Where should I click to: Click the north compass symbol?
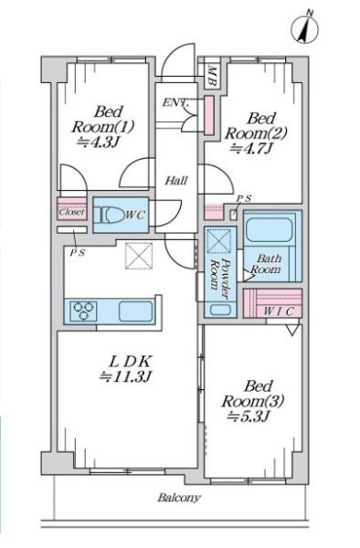click(305, 28)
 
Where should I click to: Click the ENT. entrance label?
click(175, 103)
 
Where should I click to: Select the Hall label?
click(176, 181)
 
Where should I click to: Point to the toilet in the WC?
click(109, 216)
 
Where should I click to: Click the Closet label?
click(71, 212)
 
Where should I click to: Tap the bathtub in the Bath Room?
click(270, 230)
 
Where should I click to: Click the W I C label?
click(278, 311)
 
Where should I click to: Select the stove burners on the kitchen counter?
click(83, 311)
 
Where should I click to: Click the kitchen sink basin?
click(136, 311)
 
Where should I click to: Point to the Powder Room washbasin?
click(220, 310)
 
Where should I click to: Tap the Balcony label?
click(179, 497)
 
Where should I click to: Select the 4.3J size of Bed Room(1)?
click(99, 142)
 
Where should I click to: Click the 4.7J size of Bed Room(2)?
click(251, 149)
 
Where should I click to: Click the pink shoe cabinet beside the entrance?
click(209, 115)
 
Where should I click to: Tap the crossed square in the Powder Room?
click(218, 240)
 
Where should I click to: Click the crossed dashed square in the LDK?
click(139, 256)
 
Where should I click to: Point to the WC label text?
click(134, 216)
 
